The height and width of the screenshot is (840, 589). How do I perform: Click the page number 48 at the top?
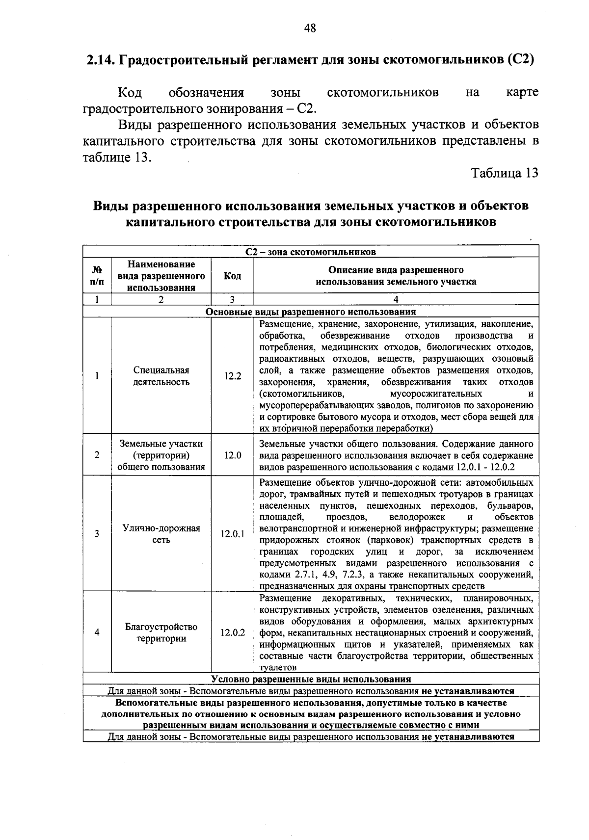(x=309, y=28)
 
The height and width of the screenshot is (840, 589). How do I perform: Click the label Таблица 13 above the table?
(x=505, y=173)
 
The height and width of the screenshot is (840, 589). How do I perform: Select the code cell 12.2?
(x=233, y=376)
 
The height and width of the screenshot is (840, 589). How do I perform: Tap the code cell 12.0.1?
(x=233, y=534)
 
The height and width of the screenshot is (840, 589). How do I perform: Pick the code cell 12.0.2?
(x=233, y=632)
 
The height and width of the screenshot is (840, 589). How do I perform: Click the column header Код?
(x=232, y=276)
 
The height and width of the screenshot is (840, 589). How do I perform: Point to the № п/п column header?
(x=97, y=276)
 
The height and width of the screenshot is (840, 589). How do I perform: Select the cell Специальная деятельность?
(x=161, y=376)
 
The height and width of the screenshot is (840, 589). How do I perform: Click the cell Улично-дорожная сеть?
(x=161, y=534)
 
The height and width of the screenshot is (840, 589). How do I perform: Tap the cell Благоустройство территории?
(x=161, y=632)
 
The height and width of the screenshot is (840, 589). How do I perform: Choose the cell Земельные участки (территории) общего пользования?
(x=161, y=455)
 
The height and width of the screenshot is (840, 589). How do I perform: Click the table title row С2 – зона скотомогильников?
(x=311, y=252)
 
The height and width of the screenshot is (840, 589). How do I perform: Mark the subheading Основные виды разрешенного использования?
(x=311, y=312)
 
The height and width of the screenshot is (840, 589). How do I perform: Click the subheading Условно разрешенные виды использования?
(x=311, y=680)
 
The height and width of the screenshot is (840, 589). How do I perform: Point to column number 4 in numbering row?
(x=396, y=300)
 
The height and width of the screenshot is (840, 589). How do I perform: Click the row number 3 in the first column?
(x=97, y=534)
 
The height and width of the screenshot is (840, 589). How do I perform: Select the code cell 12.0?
(x=233, y=455)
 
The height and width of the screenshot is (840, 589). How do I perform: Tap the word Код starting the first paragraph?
(x=130, y=93)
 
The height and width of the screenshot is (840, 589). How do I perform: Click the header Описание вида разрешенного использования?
(x=396, y=276)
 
